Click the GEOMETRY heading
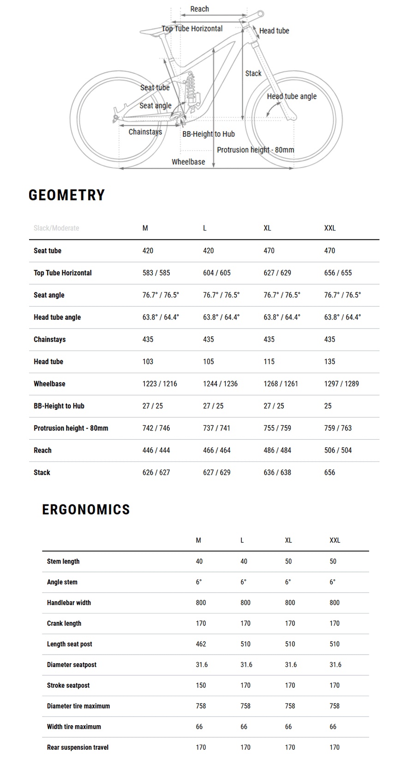[67, 195]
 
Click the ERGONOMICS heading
[86, 510]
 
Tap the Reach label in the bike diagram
[199, 9]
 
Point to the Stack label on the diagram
[253, 73]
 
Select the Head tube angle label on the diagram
[292, 97]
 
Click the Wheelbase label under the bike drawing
[188, 162]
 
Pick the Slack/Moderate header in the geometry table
[56, 228]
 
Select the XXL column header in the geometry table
[330, 228]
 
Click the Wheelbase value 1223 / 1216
[160, 384]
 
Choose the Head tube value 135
[329, 362]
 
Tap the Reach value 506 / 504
[338, 450]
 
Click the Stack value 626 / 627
[156, 473]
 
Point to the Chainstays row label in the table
[50, 340]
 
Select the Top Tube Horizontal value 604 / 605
[217, 273]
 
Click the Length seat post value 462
[201, 644]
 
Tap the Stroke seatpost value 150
[201, 686]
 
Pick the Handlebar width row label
[69, 603]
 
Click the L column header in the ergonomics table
[242, 540]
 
